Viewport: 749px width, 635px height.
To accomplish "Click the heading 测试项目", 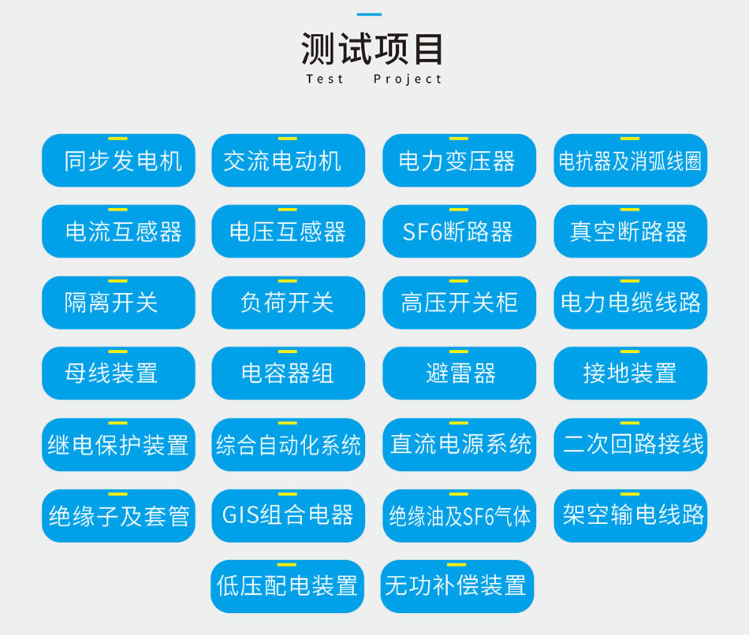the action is (x=371, y=49).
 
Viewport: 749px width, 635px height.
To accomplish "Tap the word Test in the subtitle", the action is (x=325, y=79).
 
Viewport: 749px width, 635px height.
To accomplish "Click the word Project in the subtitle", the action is (x=408, y=80).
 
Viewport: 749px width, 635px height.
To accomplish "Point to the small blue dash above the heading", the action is (x=369, y=14).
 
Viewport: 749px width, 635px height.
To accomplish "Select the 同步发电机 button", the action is (x=118, y=161).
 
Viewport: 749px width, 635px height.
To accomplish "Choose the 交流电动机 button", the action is (x=288, y=161).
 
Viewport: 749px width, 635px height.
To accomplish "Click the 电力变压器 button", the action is (x=459, y=161).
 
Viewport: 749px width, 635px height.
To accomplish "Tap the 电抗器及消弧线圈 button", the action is (x=631, y=161).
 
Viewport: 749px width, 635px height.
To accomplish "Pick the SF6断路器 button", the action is (x=459, y=231).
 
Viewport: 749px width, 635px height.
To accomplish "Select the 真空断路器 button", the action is (x=631, y=231).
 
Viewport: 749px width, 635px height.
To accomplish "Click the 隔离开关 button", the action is (x=118, y=303).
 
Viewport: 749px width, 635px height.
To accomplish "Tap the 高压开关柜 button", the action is (x=459, y=303).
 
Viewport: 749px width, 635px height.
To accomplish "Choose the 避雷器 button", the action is (x=459, y=373).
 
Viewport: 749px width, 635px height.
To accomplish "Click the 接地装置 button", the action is (x=631, y=373).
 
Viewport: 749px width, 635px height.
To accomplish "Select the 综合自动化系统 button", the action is (x=288, y=444).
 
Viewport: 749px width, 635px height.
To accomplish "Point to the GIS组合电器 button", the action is (x=288, y=515).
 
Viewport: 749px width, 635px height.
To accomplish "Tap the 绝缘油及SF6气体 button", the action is (x=459, y=515).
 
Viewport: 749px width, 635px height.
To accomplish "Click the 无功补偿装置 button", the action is (x=457, y=586).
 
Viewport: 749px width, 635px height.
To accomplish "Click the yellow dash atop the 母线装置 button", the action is (x=117, y=351).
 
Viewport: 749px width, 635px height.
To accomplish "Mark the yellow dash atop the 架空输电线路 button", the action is (x=630, y=494).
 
